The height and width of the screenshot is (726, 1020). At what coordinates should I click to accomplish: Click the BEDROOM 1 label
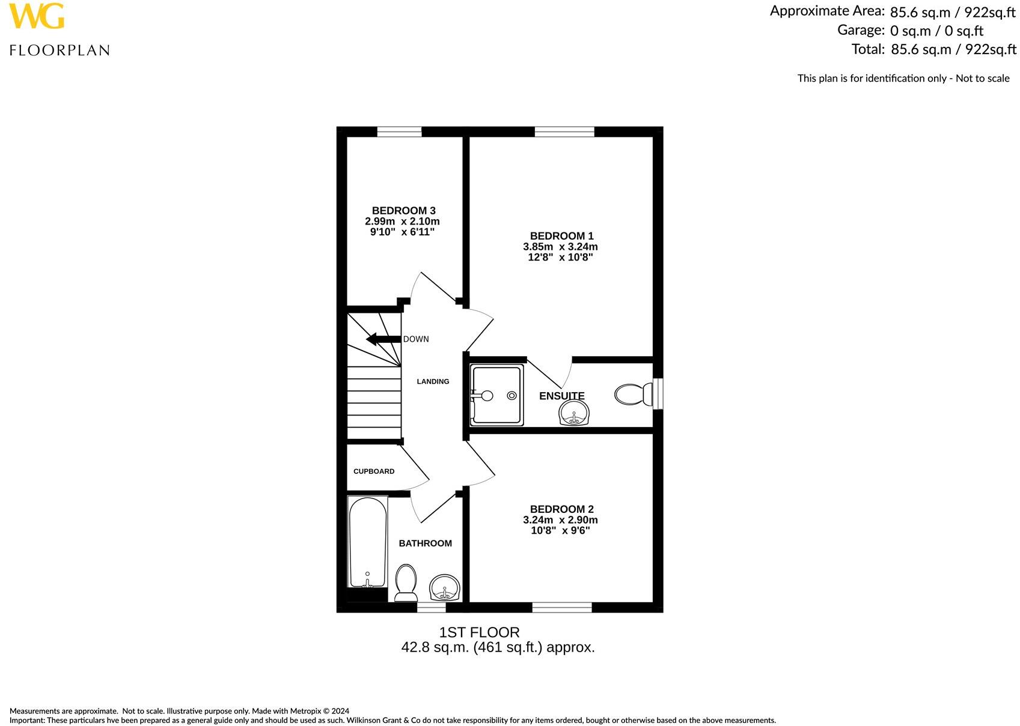[x=561, y=236]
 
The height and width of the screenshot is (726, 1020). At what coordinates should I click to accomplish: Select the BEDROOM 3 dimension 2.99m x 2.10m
[x=402, y=222]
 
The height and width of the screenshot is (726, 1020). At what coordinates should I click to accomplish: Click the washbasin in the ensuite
[x=574, y=413]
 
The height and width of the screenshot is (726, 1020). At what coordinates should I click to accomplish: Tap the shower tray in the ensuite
[x=496, y=395]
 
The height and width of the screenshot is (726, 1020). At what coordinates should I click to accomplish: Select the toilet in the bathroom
[x=406, y=581]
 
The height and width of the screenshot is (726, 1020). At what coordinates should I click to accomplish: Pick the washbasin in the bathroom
[x=445, y=587]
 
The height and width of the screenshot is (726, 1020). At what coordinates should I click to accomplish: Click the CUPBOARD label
[x=374, y=471]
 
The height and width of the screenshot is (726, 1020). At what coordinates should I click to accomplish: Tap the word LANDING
[x=433, y=381]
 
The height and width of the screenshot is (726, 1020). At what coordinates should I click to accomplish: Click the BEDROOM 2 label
[x=561, y=509]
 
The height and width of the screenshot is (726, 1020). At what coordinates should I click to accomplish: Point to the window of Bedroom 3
[x=399, y=132]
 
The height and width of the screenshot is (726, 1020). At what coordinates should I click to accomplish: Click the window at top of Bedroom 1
[x=564, y=132]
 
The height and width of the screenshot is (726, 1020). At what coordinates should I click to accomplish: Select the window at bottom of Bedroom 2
[x=561, y=608]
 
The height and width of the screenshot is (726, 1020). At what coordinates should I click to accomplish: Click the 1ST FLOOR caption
[x=479, y=632]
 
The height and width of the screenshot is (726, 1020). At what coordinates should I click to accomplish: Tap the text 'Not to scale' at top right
[x=983, y=78]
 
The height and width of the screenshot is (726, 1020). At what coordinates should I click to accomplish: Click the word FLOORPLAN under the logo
[x=60, y=50]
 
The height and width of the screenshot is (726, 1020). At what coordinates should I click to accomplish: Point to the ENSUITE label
[x=561, y=396]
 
